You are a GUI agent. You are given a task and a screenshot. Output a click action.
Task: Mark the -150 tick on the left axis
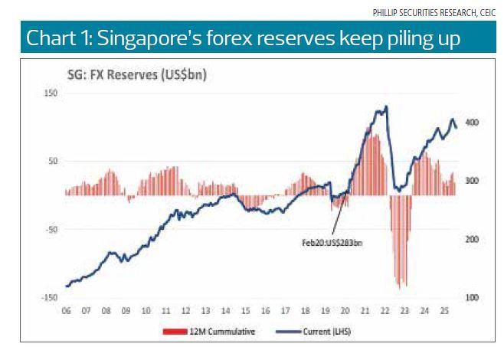tap(50, 297)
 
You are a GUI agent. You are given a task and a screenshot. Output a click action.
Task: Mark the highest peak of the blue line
tap(386, 106)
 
